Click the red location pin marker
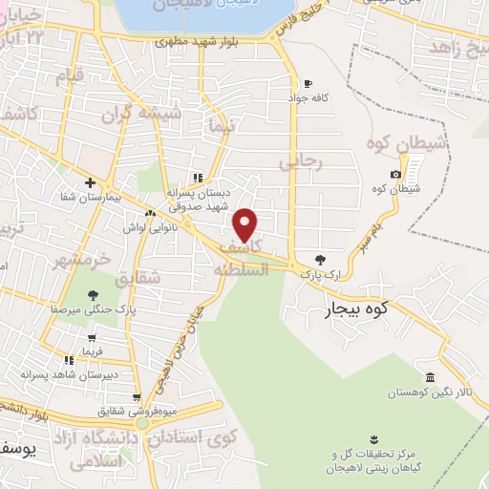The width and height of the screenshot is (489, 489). click(246, 225)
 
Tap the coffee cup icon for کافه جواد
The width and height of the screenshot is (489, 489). click(307, 83)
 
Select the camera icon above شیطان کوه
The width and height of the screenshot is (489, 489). click(395, 174)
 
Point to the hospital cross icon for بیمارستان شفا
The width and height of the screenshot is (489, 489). click(90, 181)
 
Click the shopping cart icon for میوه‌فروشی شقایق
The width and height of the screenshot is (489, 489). click(138, 397)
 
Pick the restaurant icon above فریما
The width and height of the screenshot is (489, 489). click(69, 360)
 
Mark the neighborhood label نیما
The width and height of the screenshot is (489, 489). click(219, 125)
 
